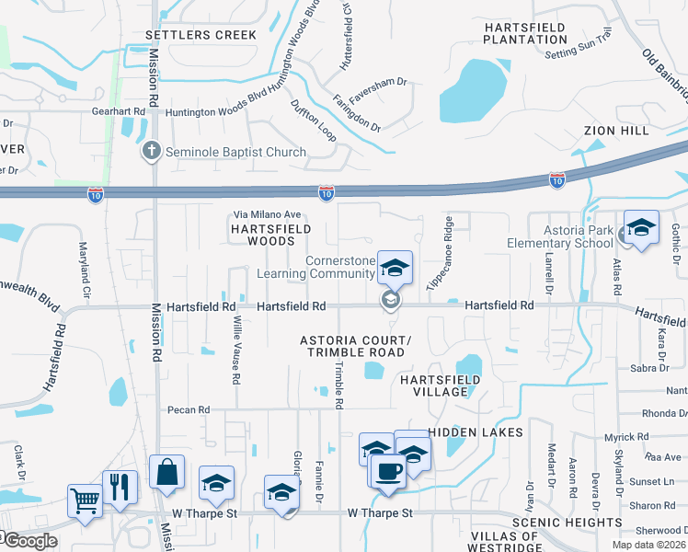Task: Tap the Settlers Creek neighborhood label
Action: click(x=201, y=35)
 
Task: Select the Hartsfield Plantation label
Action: click(x=525, y=33)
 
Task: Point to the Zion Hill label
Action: click(x=617, y=131)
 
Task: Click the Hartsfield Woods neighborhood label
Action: click(x=270, y=234)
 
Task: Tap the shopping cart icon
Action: click(x=84, y=501)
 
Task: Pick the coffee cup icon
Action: click(x=389, y=470)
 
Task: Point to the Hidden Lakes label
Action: click(x=476, y=432)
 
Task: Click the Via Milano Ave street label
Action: click(x=266, y=214)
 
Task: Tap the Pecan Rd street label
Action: click(x=189, y=409)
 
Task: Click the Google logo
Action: click(x=29, y=541)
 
